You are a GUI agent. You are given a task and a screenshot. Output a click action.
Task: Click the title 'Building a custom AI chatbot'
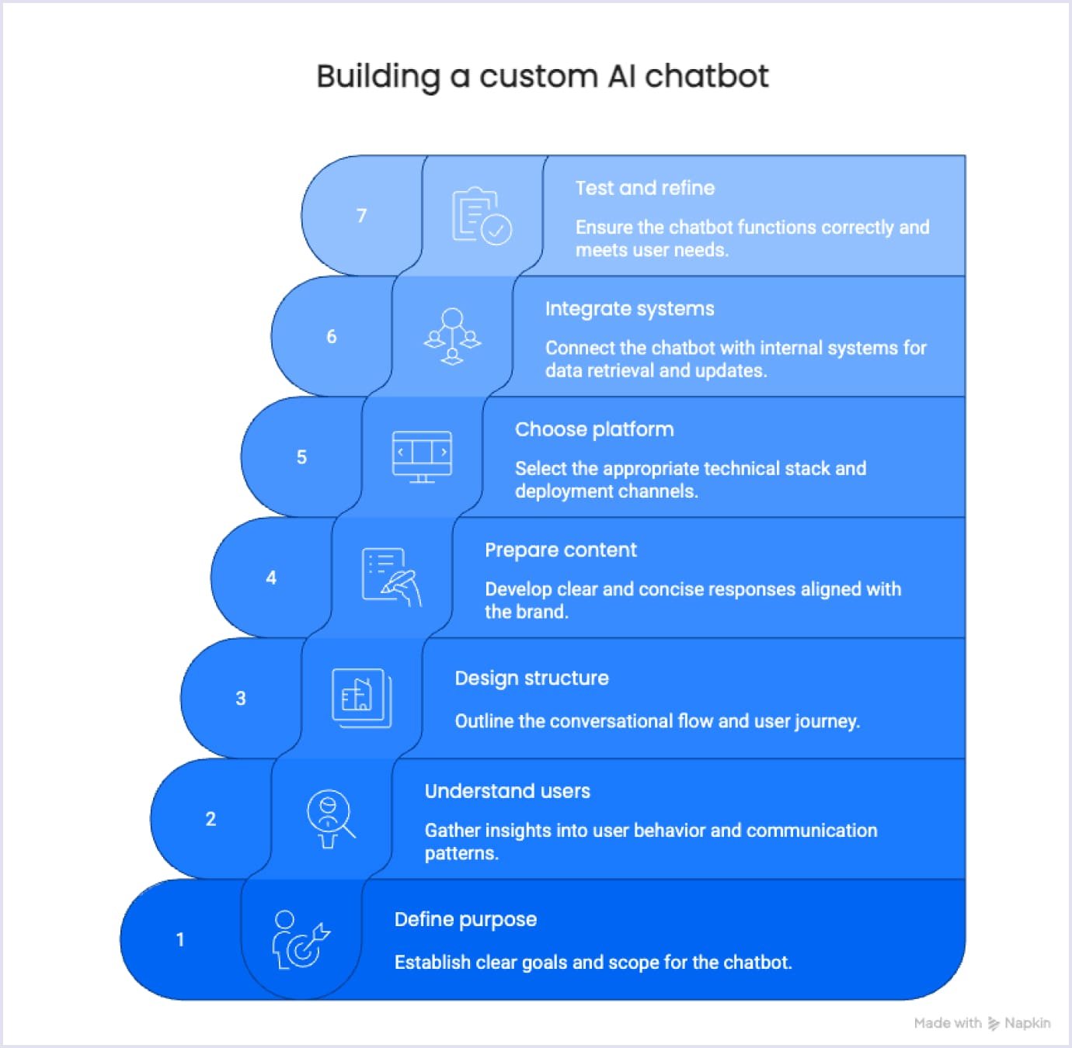click(542, 77)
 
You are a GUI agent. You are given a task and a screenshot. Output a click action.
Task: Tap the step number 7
click(361, 216)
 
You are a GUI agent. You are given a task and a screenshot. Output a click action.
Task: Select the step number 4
click(271, 578)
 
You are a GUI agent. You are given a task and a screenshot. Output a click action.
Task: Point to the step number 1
click(180, 939)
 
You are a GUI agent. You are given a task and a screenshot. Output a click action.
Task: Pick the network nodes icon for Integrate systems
click(452, 336)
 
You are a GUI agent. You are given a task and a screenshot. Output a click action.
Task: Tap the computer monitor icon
click(422, 456)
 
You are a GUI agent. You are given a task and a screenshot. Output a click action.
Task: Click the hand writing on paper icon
click(392, 577)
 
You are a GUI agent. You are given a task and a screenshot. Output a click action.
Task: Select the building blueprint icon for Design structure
click(362, 698)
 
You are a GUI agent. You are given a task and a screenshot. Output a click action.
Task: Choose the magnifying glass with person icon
click(330, 818)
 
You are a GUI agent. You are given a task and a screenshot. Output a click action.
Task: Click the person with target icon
click(300, 939)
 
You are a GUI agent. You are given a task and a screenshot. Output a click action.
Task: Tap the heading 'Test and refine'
click(645, 188)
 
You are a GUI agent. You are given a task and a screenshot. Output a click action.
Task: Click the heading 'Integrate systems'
click(629, 309)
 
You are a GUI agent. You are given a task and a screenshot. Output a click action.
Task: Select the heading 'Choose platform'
click(594, 429)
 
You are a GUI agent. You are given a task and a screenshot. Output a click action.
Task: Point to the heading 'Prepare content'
click(560, 550)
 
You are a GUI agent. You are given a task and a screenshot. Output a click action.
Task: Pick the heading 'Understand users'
click(507, 791)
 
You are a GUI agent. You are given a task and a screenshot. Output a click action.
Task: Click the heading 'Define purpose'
click(465, 919)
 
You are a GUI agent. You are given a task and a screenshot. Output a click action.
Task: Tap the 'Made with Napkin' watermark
click(982, 1023)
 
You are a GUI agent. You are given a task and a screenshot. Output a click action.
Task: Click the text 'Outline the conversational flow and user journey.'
click(657, 721)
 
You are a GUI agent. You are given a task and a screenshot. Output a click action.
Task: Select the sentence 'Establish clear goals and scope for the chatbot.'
click(593, 963)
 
